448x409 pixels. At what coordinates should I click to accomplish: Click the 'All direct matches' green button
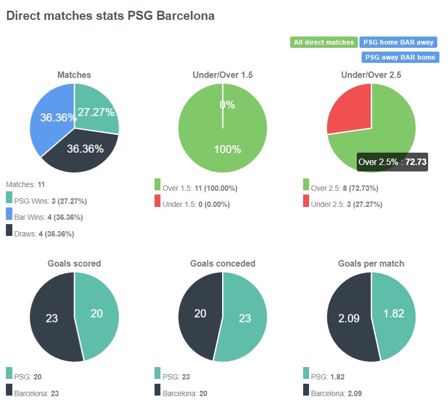click(324, 42)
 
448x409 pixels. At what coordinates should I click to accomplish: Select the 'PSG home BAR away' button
click(399, 42)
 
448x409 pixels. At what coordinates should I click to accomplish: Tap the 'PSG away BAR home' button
click(400, 57)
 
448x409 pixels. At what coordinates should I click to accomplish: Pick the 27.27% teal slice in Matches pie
click(97, 110)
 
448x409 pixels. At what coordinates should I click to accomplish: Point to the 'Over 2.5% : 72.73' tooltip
click(392, 162)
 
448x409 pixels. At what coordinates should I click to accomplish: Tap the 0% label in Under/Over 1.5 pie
click(227, 105)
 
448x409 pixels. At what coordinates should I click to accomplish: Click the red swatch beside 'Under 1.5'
click(158, 201)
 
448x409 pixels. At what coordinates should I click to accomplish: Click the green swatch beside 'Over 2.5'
click(306, 185)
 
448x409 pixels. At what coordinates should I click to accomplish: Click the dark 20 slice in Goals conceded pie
click(200, 314)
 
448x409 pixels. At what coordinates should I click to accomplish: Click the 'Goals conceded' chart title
click(223, 263)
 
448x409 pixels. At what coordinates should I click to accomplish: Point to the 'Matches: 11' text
click(25, 184)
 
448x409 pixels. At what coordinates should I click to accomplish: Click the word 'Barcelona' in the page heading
click(186, 16)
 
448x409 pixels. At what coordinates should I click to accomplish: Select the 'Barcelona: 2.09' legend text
click(336, 393)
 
